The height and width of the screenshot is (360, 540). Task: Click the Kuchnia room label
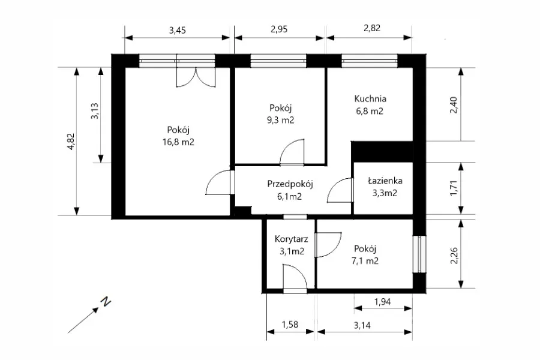[370, 99]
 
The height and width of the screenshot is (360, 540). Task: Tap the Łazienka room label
[385, 181]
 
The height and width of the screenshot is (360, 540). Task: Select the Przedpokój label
[290, 184]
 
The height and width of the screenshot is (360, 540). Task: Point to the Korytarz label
[292, 239]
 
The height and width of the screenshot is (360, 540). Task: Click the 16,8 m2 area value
[178, 142]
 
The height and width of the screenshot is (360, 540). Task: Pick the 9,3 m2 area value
[280, 120]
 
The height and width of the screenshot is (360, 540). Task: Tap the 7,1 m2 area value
[365, 261]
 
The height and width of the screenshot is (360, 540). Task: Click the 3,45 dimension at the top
[178, 31]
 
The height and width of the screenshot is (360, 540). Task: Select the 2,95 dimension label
[279, 29]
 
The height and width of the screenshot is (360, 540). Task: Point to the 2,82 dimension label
[372, 28]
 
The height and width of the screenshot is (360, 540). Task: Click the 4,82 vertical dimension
[71, 141]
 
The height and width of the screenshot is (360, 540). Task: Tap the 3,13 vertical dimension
[95, 111]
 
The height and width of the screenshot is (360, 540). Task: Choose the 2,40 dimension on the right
[454, 105]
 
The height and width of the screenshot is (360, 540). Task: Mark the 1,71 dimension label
[454, 188]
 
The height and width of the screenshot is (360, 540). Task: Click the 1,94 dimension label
[383, 302]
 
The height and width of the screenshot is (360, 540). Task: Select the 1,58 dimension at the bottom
[290, 325]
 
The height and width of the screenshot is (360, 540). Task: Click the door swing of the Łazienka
[340, 190]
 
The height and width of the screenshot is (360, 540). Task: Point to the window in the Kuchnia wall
[370, 61]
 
